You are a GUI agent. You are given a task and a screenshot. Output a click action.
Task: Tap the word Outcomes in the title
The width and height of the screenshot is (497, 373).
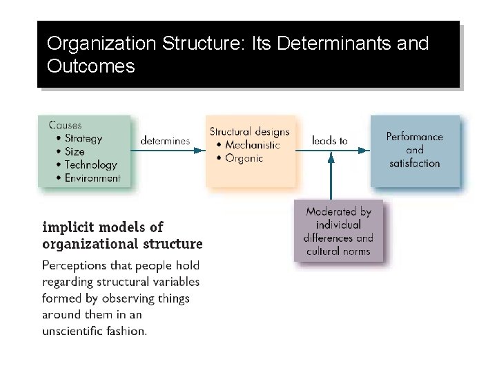click(x=90, y=67)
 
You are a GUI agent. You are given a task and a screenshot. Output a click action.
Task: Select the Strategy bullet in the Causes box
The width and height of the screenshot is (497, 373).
click(x=83, y=138)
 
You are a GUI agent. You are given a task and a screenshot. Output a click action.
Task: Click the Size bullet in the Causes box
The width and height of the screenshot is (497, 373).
click(x=75, y=151)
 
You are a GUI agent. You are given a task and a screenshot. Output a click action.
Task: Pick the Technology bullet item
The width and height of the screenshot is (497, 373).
click(x=90, y=164)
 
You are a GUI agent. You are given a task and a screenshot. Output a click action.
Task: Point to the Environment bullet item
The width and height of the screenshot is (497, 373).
click(x=92, y=178)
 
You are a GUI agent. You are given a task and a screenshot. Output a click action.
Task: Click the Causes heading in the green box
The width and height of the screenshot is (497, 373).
click(x=65, y=125)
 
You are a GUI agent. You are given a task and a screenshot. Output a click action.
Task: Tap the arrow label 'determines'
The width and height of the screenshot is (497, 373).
click(x=165, y=141)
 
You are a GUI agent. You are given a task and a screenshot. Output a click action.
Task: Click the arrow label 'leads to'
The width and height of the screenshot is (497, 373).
click(x=329, y=141)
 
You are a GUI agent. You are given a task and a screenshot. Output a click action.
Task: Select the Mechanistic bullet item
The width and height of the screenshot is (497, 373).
click(x=252, y=145)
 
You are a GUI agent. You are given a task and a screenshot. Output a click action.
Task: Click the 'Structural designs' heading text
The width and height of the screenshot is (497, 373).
click(x=249, y=132)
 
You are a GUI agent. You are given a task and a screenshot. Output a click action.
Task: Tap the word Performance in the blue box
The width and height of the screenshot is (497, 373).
click(x=414, y=137)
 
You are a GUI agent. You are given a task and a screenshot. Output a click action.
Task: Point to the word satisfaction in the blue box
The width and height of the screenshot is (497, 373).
click(x=414, y=163)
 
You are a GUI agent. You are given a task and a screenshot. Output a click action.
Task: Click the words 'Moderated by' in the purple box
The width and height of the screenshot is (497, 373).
click(x=338, y=212)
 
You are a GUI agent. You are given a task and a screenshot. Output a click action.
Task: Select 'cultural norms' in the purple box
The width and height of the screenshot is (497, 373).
click(x=338, y=251)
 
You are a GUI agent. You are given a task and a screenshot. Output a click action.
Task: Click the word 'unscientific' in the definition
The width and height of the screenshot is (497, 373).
click(x=73, y=331)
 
